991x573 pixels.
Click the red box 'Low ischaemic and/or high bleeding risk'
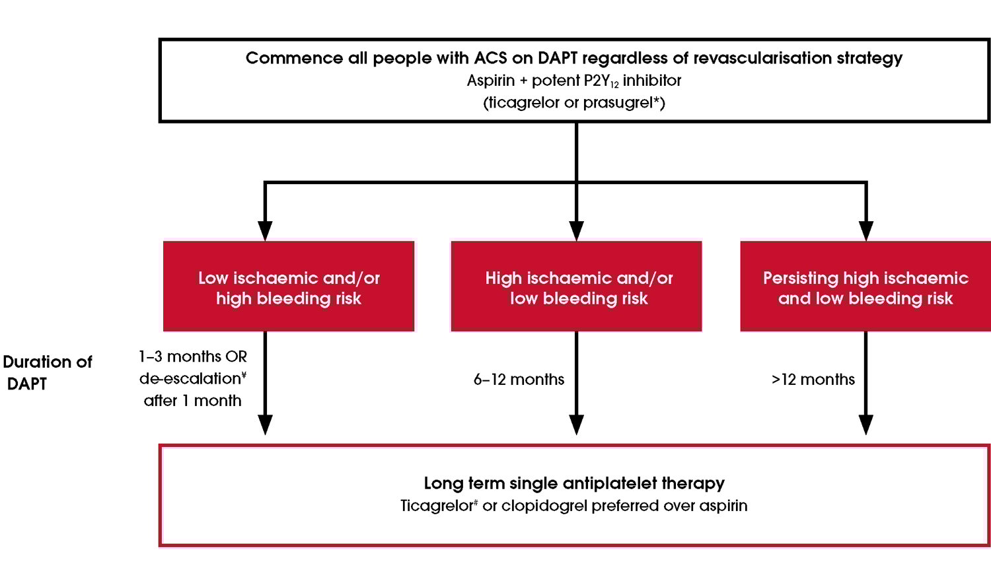click(289, 286)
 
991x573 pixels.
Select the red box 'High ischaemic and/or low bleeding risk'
click(576, 286)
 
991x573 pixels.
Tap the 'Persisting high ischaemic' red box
click(865, 286)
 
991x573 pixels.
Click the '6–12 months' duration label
click(519, 380)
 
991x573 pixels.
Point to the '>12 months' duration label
click(813, 380)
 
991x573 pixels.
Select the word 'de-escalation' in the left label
click(190, 379)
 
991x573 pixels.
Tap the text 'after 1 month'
click(192, 401)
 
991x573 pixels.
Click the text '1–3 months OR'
click(192, 357)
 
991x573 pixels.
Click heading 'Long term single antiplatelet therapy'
click(574, 483)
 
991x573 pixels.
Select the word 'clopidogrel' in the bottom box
click(544, 506)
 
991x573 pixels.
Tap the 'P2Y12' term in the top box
click(601, 81)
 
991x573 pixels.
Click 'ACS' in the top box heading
click(490, 58)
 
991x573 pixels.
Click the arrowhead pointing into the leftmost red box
click(265, 230)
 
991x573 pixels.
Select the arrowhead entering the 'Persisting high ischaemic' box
click(865, 230)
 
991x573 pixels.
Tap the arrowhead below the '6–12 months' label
click(576, 424)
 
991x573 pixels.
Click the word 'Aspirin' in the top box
click(490, 81)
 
